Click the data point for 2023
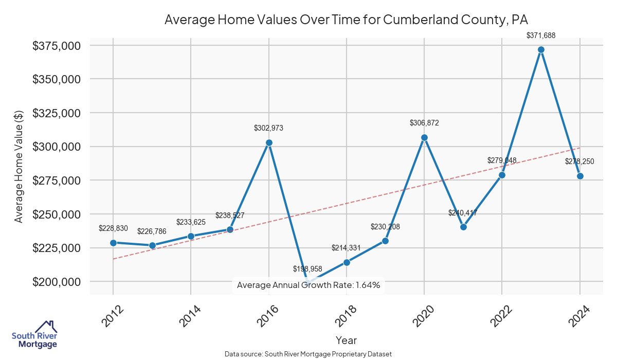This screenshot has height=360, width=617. click(541, 50)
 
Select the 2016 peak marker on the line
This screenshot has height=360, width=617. click(268, 142)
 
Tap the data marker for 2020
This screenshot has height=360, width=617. click(424, 137)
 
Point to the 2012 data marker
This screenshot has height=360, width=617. click(113, 243)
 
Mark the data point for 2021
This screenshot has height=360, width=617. click(463, 227)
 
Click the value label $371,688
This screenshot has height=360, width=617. click(541, 35)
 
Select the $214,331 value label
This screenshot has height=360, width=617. click(347, 247)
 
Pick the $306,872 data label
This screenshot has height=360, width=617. click(424, 123)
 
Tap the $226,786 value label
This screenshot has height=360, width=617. click(152, 231)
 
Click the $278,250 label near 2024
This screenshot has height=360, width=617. click(579, 161)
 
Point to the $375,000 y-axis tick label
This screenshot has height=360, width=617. click(57, 46)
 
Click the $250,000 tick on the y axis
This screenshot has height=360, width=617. click(57, 214)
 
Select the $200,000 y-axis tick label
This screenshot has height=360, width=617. click(57, 282)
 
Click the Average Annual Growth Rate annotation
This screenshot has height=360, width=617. click(308, 285)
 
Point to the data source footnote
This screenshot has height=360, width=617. click(308, 354)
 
